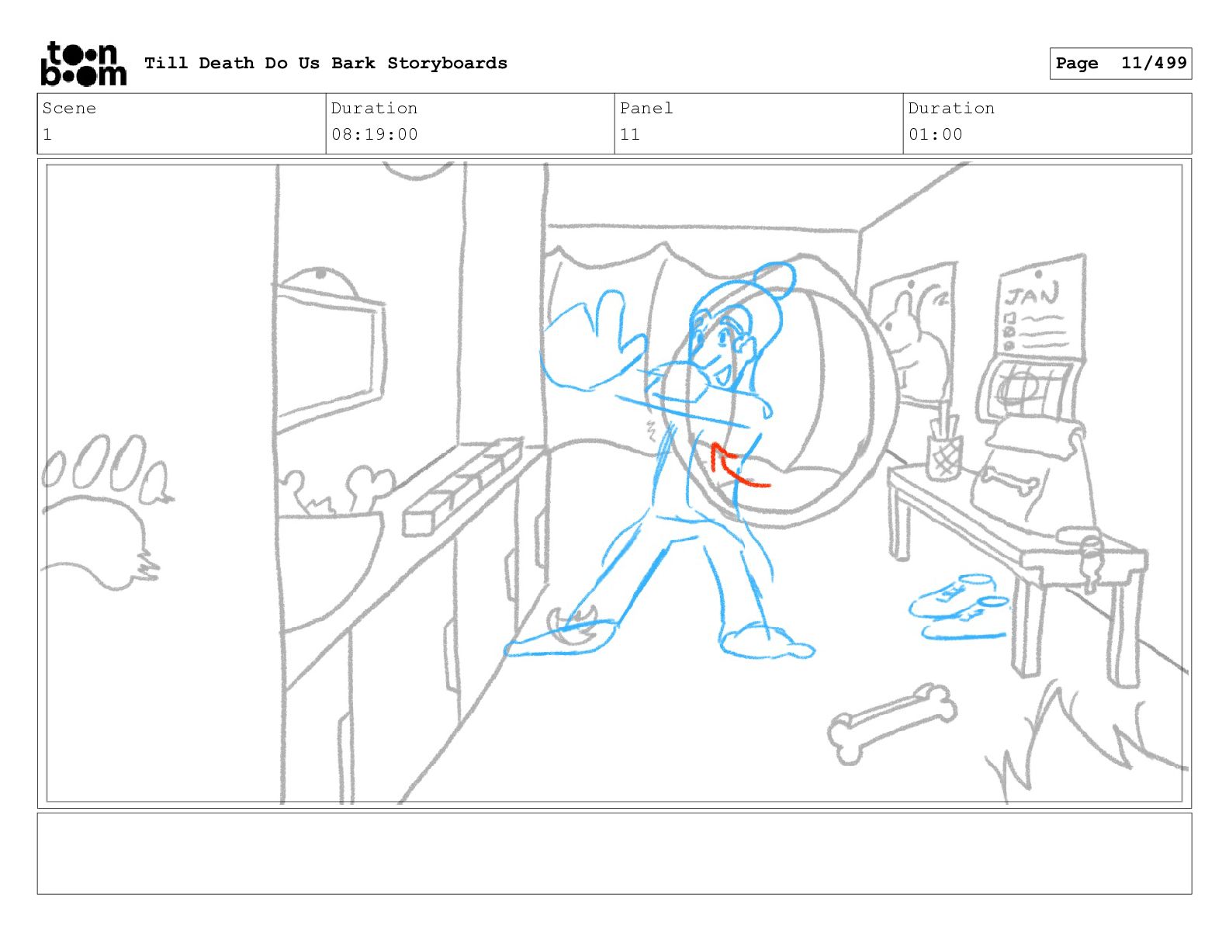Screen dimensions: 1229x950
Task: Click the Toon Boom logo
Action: pos(84,64)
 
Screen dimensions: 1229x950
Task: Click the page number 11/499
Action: pos(1153,63)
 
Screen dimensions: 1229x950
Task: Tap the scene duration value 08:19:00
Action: pos(374,134)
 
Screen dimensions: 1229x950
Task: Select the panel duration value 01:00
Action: pos(935,134)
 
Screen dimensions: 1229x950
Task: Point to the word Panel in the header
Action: pos(646,108)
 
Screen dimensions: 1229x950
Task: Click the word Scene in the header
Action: pos(69,108)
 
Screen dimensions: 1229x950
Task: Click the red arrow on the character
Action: pos(736,466)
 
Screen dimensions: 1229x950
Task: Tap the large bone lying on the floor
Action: pos(891,723)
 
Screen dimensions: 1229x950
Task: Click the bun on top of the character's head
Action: pos(775,279)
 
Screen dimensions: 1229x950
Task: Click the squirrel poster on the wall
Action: pos(911,334)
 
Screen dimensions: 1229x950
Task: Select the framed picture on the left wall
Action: pos(329,355)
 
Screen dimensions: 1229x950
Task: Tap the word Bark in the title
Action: pos(353,63)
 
